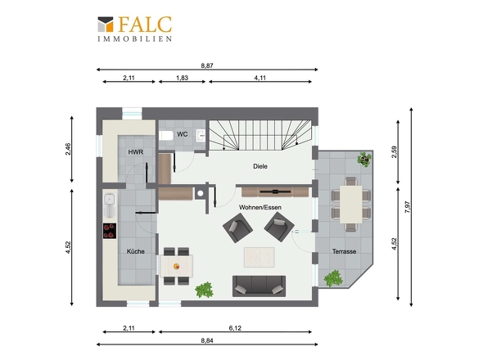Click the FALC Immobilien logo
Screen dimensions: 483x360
point(134,29)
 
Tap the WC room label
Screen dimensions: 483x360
point(182,134)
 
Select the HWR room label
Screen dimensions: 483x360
point(136,152)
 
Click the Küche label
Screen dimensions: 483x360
point(136,251)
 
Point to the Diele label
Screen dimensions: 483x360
point(260,166)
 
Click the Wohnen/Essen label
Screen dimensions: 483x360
point(260,207)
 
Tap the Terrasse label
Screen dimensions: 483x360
point(344,251)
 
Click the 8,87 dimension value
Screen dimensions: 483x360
point(207,65)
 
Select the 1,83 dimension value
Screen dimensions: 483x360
point(182,78)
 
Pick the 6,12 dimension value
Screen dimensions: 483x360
point(235,328)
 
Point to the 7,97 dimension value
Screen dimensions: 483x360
point(408,207)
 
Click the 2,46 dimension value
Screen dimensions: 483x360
point(68,149)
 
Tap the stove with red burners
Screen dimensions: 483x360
point(110,231)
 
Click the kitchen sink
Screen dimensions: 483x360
point(110,205)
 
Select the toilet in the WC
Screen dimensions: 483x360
point(166,136)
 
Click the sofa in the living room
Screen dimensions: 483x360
point(259,286)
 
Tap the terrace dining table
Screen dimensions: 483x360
point(351,204)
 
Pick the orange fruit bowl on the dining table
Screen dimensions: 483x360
point(177,266)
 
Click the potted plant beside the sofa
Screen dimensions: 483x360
point(204,290)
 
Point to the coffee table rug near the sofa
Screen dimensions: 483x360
point(259,257)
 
